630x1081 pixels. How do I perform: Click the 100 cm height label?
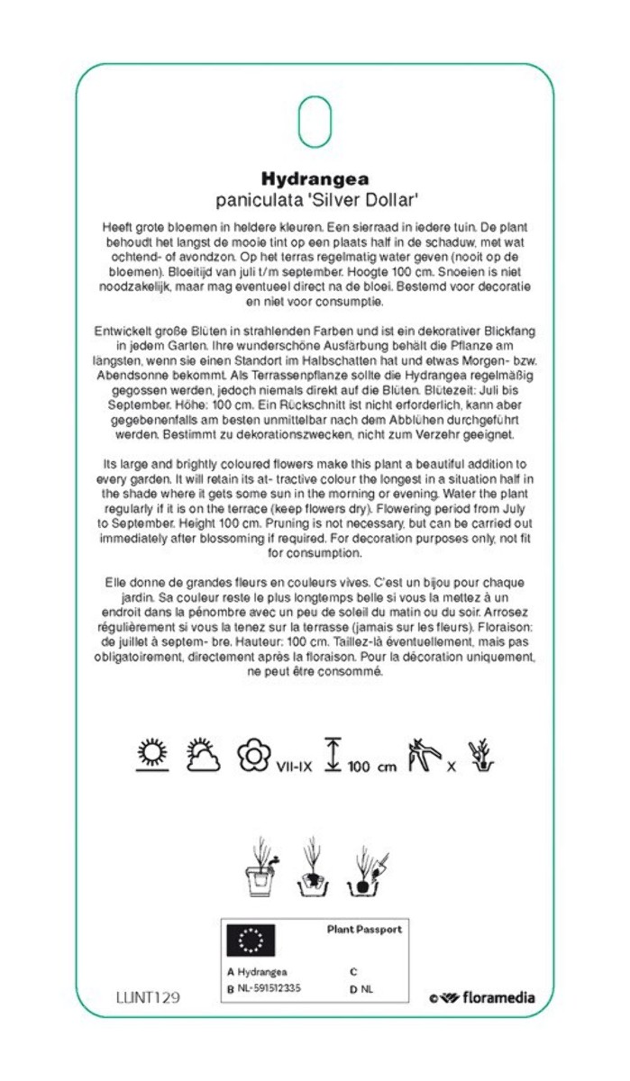click(371, 767)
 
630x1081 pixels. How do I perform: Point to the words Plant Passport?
click(364, 929)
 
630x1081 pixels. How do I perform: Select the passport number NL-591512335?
click(269, 988)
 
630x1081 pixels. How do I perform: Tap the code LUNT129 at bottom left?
click(148, 997)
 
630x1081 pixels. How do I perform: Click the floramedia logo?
click(482, 997)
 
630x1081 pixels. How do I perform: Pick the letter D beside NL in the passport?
click(352, 988)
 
